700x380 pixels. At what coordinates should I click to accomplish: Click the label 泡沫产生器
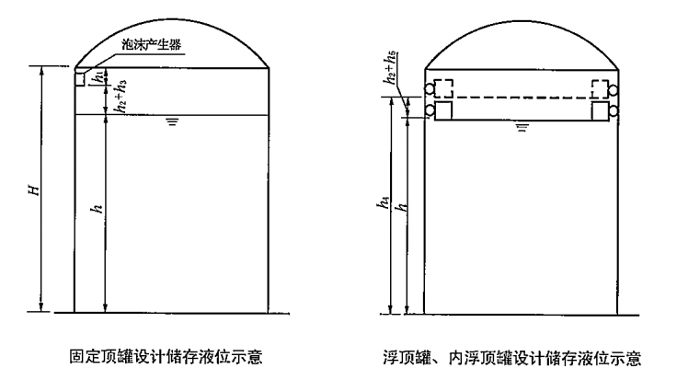tap(152, 45)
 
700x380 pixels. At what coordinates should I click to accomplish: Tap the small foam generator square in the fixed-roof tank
tap(79, 78)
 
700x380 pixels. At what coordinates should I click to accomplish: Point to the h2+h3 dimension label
tap(120, 96)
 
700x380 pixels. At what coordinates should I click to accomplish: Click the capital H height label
tap(34, 190)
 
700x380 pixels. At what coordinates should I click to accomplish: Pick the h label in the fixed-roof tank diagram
tap(97, 208)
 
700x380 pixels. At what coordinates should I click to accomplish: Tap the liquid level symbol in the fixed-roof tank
tap(172, 121)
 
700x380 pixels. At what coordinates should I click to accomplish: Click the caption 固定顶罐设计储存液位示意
tap(166, 357)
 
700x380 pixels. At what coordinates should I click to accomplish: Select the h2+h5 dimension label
tap(389, 68)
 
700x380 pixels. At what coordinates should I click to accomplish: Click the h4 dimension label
tap(384, 202)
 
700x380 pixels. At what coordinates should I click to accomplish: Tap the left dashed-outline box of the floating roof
tap(443, 88)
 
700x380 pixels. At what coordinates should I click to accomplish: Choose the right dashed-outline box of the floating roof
tap(600, 88)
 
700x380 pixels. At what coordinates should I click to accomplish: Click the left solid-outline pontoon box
tap(443, 110)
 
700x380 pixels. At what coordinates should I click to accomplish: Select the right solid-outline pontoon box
tap(601, 110)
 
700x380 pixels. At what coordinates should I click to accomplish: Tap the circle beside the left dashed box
tap(430, 89)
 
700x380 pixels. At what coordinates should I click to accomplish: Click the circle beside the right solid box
tap(614, 110)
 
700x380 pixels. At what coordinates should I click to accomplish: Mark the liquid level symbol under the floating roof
tap(522, 128)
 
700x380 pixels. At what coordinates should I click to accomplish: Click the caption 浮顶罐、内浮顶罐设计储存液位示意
tap(511, 358)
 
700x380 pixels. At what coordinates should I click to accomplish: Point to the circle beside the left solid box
tap(430, 110)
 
